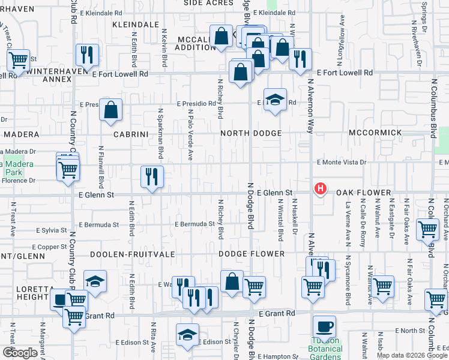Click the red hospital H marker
(321, 189)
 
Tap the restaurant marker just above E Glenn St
(151, 176)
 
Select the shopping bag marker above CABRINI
(111, 110)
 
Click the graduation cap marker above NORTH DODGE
(275, 99)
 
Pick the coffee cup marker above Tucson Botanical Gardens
(324, 327)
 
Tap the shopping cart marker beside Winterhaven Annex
(19, 59)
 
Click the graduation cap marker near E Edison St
(187, 335)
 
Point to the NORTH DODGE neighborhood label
(250, 133)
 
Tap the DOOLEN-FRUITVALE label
(132, 254)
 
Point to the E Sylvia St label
(51, 230)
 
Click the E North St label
(411, 331)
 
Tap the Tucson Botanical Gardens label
(325, 345)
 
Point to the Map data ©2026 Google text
(412, 355)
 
